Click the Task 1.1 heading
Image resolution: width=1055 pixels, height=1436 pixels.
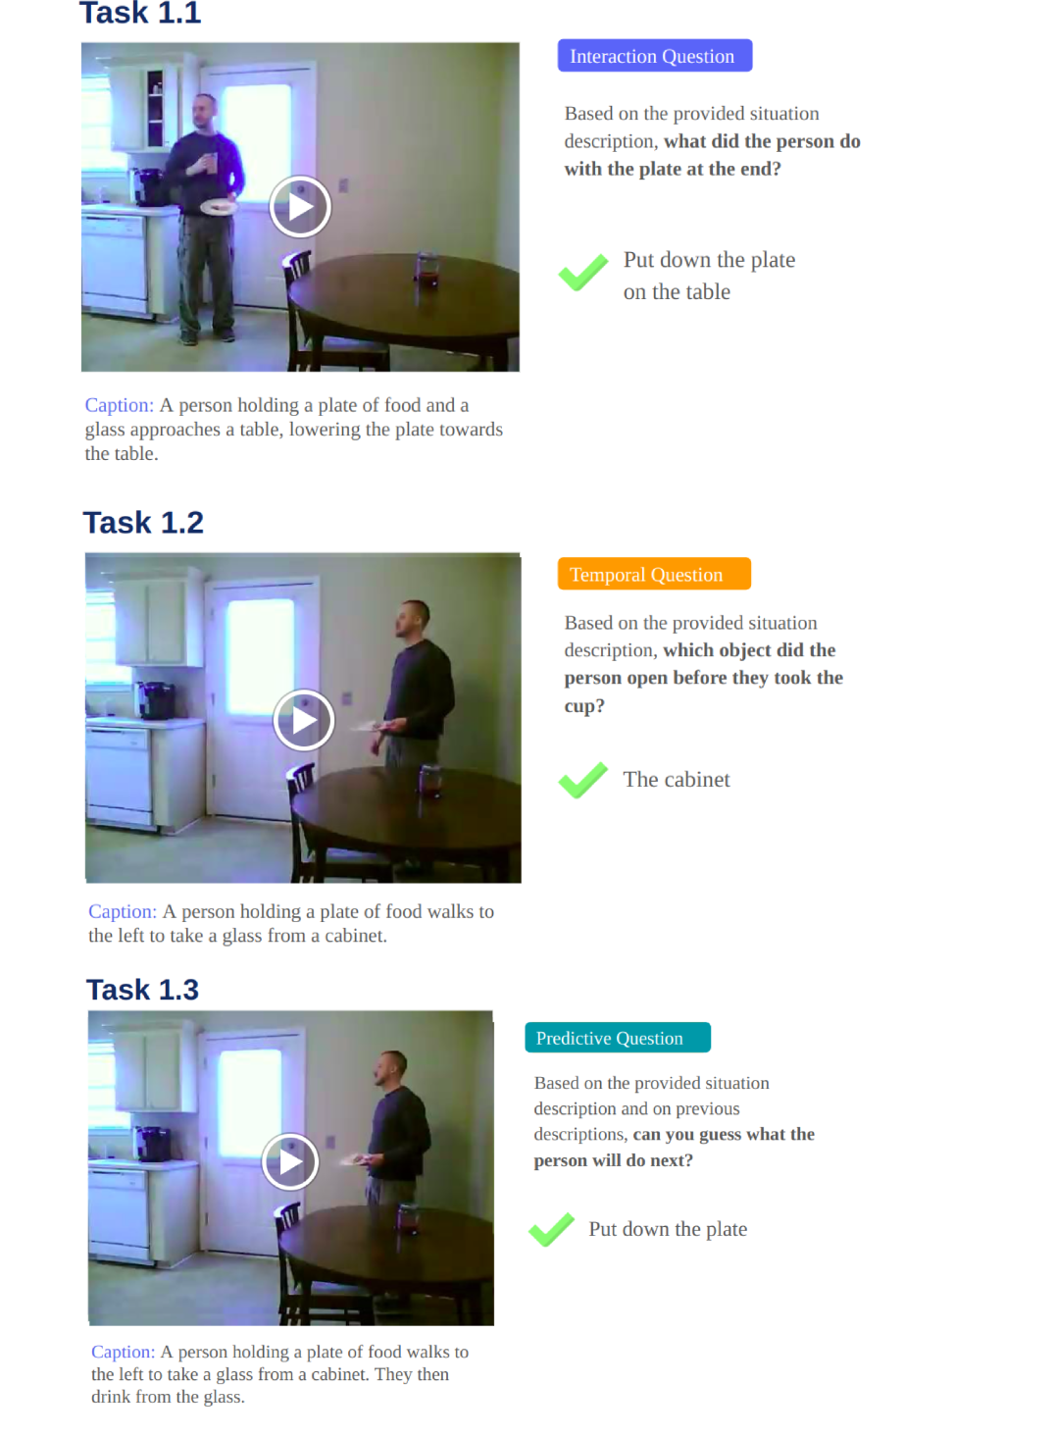(x=140, y=13)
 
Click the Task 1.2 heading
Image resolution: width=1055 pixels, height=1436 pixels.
(x=143, y=523)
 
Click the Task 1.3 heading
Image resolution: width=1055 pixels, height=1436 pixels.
(x=142, y=989)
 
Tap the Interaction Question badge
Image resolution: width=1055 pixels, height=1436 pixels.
(x=654, y=56)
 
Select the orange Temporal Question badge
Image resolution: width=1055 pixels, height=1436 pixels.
(x=654, y=574)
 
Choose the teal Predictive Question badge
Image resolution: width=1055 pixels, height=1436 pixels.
(x=618, y=1037)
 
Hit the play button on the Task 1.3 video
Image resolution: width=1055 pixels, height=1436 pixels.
(x=289, y=1161)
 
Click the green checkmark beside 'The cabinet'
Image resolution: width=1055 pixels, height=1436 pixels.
(x=582, y=780)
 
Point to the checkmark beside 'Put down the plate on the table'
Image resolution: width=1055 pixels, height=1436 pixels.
(x=582, y=272)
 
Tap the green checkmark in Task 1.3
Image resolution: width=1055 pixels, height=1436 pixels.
(x=551, y=1230)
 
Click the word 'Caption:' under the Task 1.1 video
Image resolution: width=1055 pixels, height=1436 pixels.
(x=120, y=405)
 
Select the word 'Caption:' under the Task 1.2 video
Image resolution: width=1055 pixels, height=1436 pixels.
(x=123, y=911)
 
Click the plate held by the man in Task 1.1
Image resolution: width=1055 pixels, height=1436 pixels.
(x=219, y=206)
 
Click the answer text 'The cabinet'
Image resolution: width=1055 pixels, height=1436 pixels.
(x=677, y=780)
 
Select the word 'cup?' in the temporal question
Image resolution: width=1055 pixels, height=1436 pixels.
(x=584, y=706)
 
